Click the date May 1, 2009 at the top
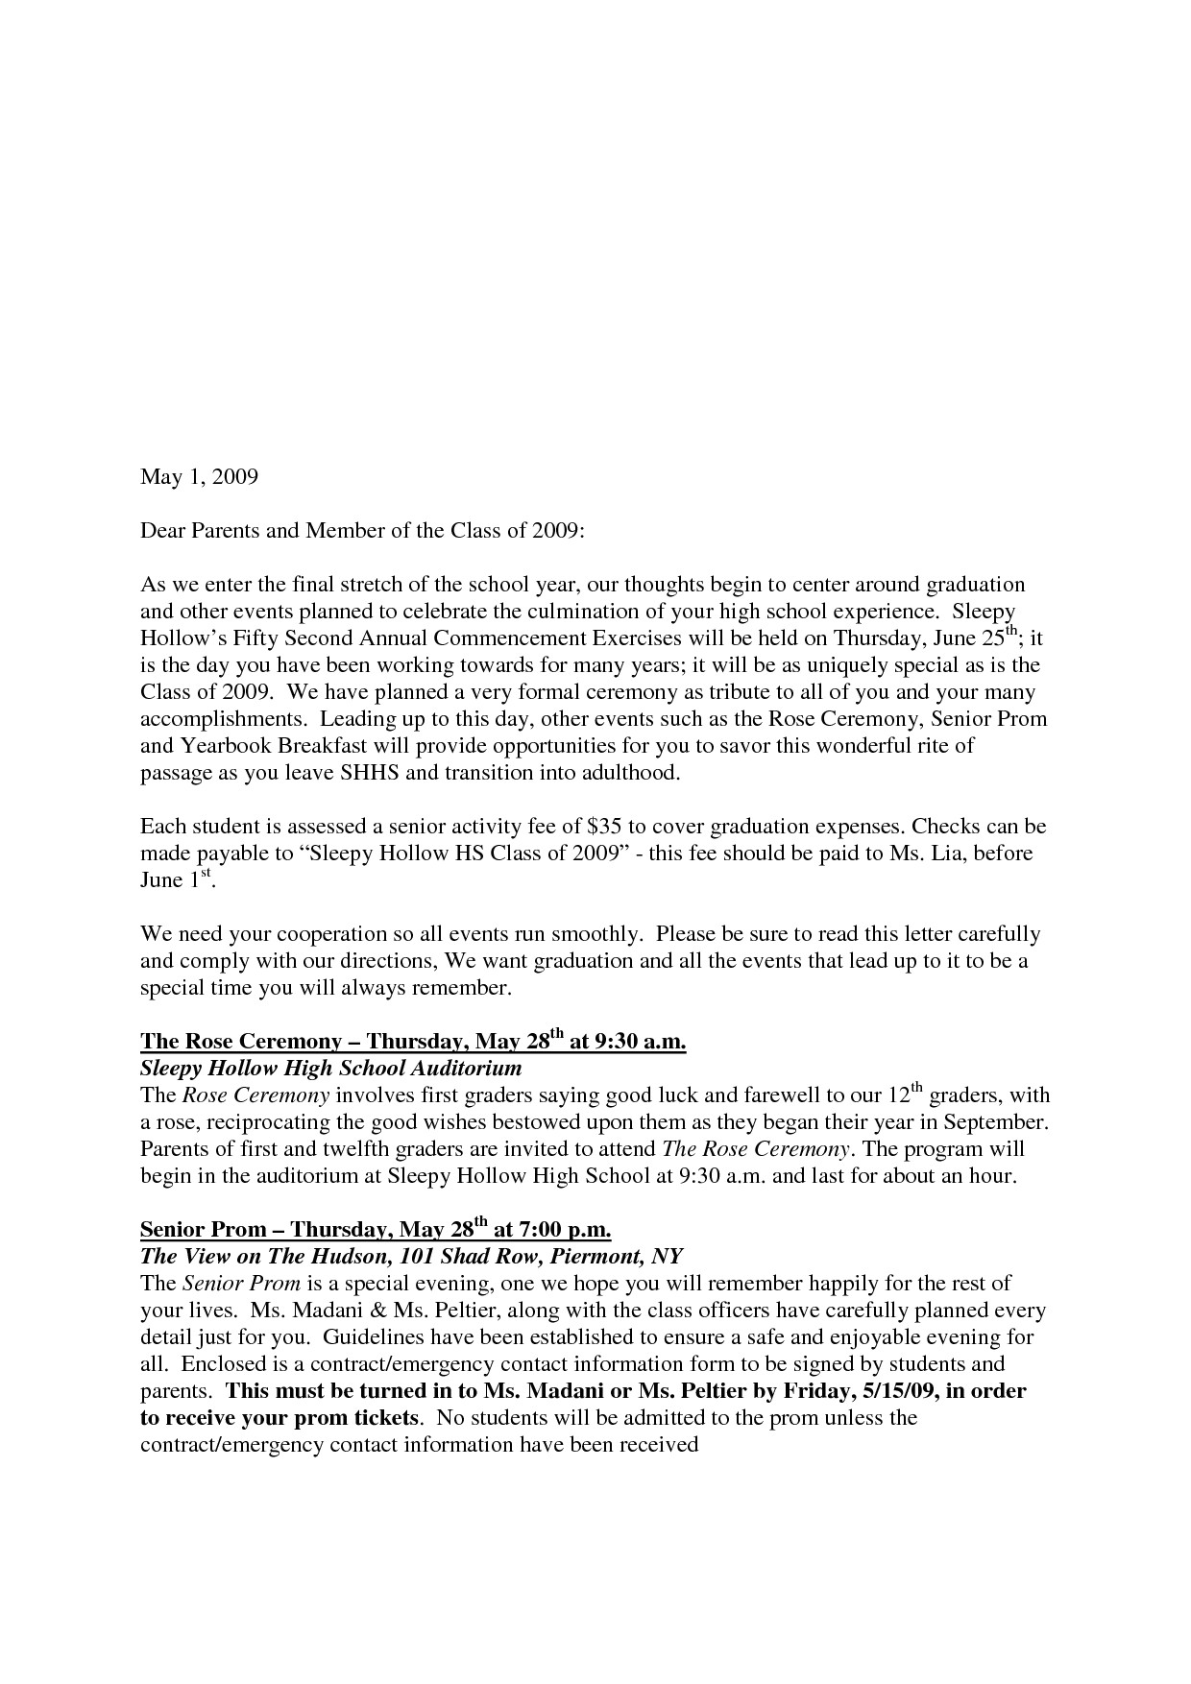pyautogui.click(x=199, y=476)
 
